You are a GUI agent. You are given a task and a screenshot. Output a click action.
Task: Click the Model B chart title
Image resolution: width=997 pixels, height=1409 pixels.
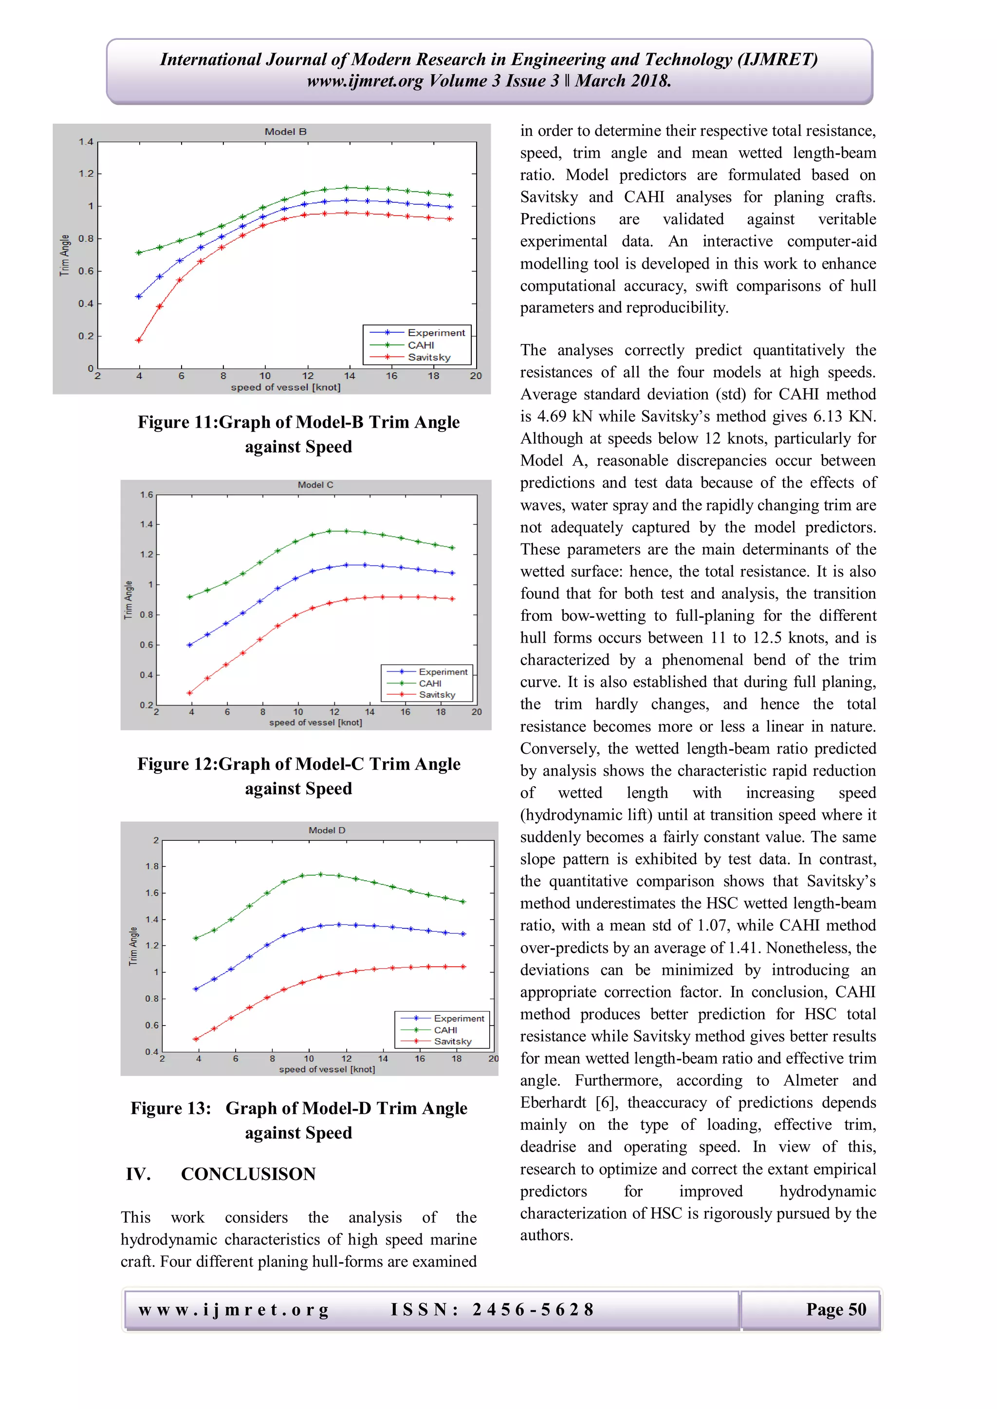click(285, 132)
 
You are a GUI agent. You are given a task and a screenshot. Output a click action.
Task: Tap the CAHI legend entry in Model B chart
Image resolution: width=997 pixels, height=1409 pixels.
click(421, 345)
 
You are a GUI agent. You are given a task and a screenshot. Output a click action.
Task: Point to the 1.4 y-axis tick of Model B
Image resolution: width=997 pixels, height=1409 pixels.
click(85, 142)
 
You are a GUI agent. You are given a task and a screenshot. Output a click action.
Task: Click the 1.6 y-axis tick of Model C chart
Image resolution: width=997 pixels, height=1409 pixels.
click(146, 495)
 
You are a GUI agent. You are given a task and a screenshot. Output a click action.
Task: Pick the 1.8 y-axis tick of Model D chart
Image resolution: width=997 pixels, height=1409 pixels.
click(151, 867)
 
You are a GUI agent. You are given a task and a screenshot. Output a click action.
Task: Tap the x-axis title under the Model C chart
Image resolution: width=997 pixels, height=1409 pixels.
click(315, 723)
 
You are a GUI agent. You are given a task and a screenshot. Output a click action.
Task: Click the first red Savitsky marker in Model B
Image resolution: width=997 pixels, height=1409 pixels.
click(139, 340)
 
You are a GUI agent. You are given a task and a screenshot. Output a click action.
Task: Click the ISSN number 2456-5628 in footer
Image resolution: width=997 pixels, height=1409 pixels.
click(533, 1310)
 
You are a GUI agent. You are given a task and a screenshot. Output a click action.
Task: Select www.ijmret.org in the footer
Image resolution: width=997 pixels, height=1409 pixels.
click(234, 1310)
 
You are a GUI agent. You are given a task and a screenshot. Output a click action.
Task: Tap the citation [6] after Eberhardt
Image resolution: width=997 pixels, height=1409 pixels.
click(605, 1103)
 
